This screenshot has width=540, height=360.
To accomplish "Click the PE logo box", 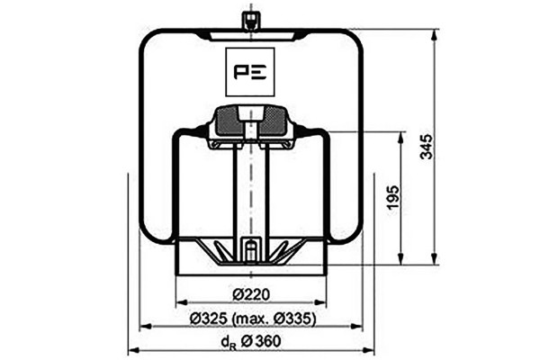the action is coord(250,72).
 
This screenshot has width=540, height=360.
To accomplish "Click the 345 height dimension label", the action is coord(427,147).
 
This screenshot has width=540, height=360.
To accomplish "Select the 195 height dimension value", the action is coord(393,197).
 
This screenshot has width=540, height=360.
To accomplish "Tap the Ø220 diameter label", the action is coord(250,294).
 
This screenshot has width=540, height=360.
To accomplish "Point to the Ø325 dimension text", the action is coord(209,319).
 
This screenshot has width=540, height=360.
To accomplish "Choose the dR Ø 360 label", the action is coord(251,341).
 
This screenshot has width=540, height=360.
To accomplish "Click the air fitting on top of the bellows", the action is coord(251,21).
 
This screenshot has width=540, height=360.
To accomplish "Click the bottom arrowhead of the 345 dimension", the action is coord(435,258).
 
